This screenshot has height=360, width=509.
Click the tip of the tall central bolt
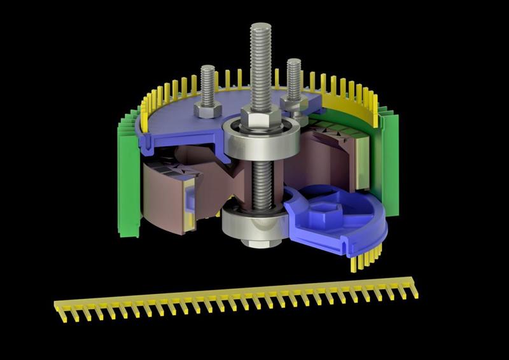[260, 29]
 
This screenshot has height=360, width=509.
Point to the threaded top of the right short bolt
[293, 76]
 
